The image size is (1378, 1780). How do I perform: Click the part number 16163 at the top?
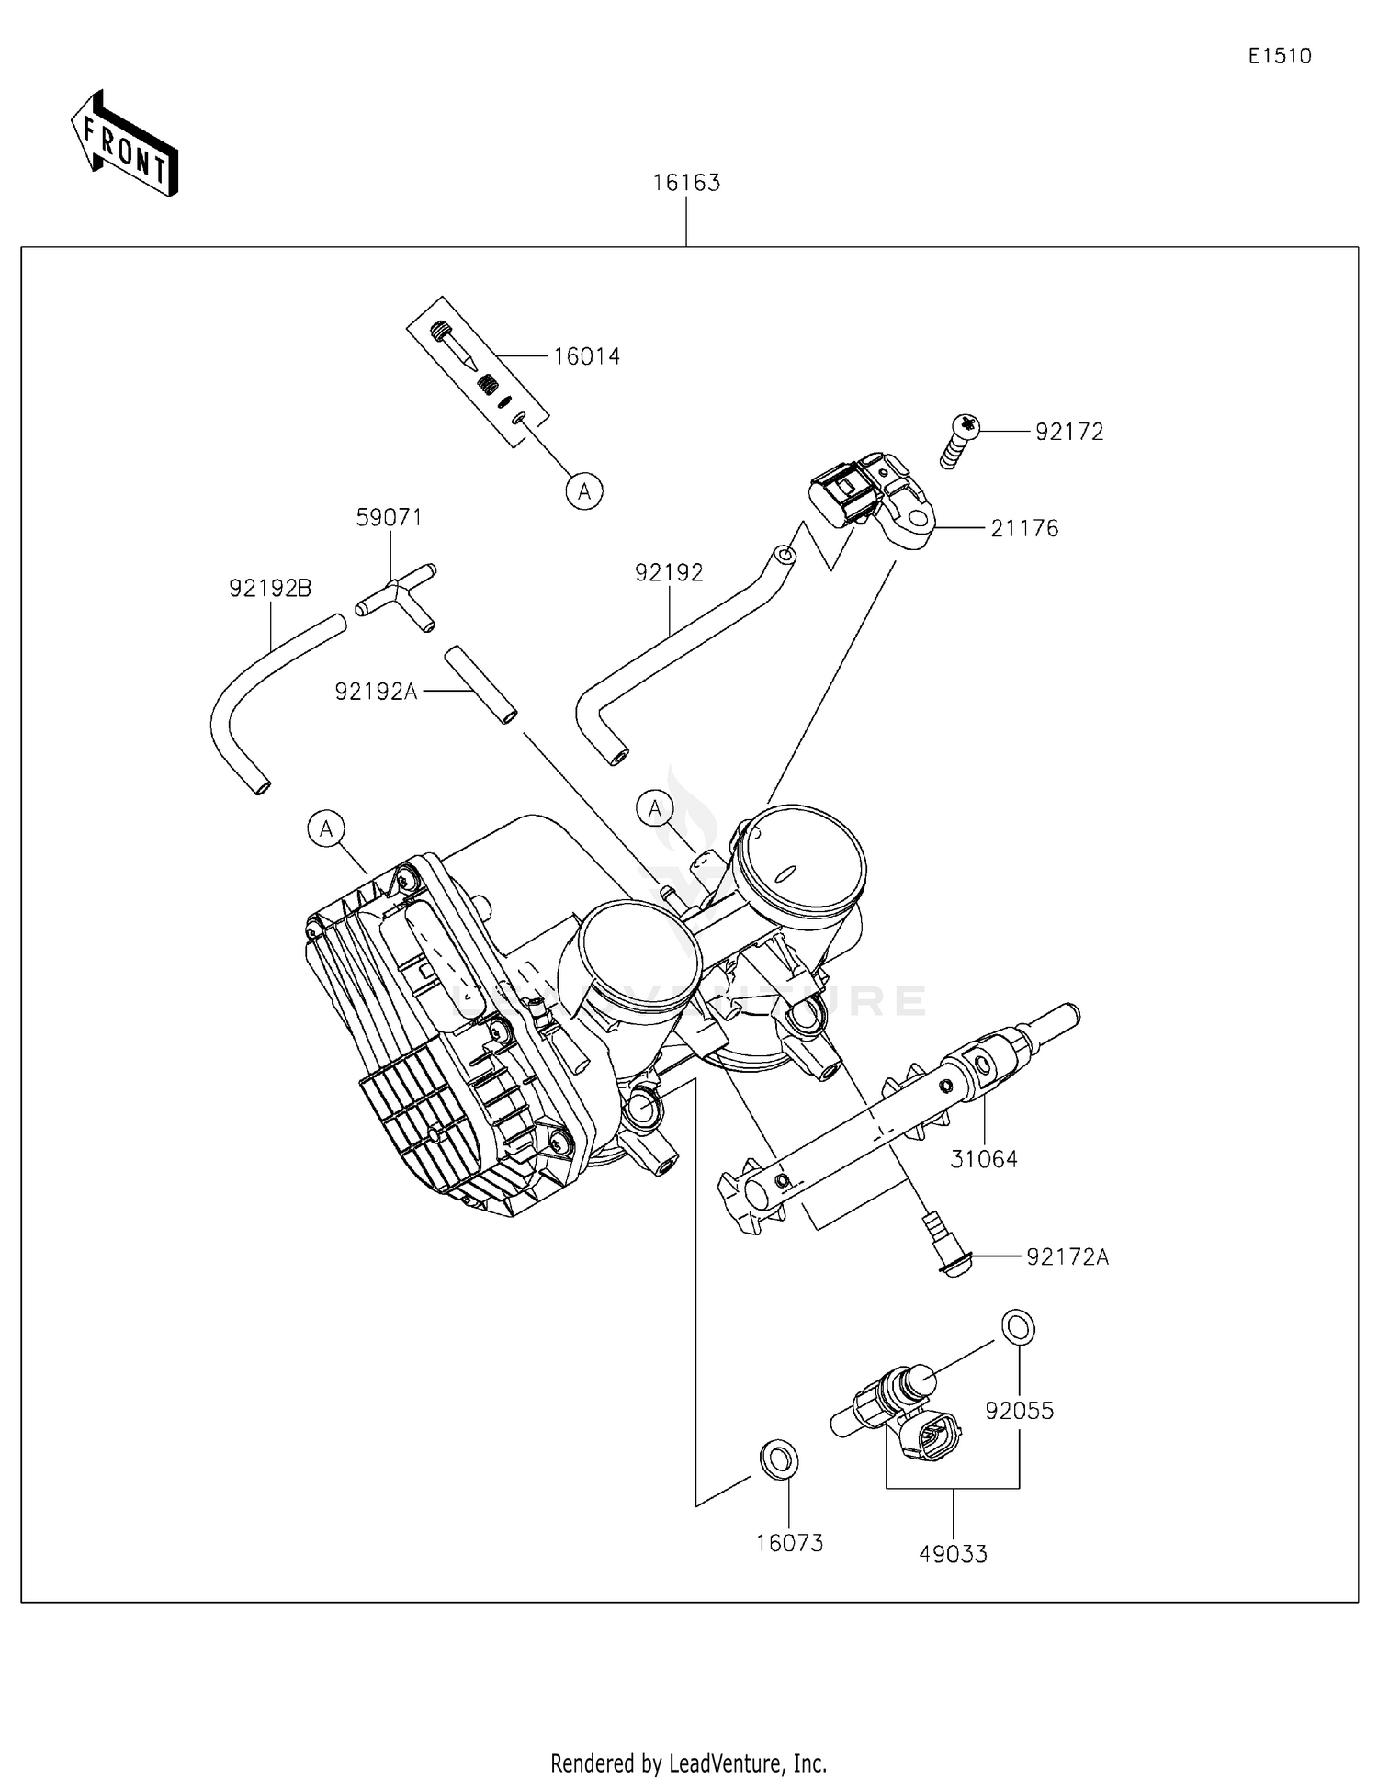pos(686,183)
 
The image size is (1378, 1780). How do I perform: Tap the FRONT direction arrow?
pos(125,144)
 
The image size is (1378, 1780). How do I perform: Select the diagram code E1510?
pos(1279,56)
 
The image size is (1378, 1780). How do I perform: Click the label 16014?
pos(586,356)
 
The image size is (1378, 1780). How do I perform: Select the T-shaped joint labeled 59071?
pos(396,596)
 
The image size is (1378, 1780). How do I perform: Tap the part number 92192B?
pos(270,588)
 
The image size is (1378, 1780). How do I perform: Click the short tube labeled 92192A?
pos(481,685)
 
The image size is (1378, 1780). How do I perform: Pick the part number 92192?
pos(669,572)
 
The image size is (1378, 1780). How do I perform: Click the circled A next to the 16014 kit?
pos(584,491)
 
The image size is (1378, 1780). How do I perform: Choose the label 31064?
pos(983,1159)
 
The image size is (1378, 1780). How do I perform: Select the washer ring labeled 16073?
pos(778,1459)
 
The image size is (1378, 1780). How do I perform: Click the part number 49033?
pos(953,1554)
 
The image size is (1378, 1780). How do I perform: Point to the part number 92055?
pos(1019,1410)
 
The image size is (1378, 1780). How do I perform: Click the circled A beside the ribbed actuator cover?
pos(325,828)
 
